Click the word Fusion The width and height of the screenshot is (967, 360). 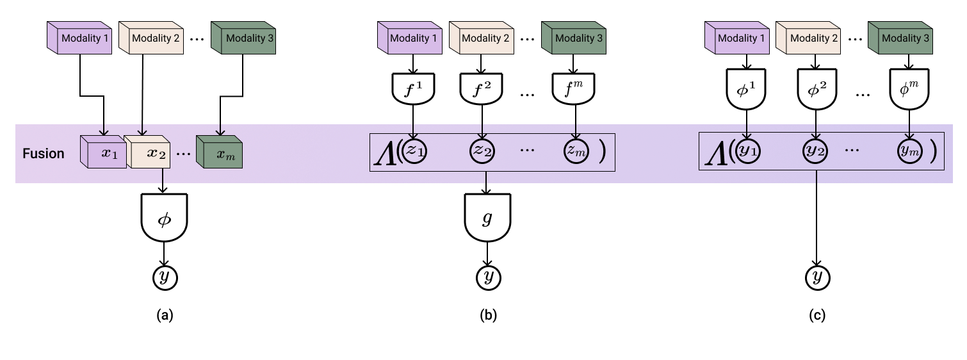point(44,154)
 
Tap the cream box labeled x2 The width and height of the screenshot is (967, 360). point(149,153)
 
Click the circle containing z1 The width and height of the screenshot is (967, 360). point(414,151)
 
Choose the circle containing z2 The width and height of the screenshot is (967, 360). point(482,151)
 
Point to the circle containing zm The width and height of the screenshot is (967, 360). point(575,151)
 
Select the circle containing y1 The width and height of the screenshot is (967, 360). point(747,151)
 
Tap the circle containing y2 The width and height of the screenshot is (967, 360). point(815,151)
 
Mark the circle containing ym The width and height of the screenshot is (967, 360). point(909,151)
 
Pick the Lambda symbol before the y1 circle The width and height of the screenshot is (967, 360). point(715,153)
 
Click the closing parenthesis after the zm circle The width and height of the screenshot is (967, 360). point(602,152)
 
